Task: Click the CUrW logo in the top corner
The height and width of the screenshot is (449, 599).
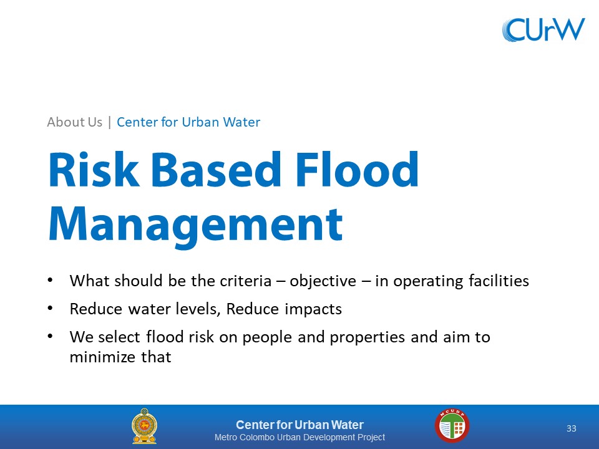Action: click(543, 29)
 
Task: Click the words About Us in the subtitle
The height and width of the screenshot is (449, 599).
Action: click(74, 122)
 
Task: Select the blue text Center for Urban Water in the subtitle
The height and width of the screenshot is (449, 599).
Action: click(188, 122)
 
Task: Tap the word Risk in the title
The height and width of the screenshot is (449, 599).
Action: click(94, 169)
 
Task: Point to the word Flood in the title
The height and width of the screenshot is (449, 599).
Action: click(357, 169)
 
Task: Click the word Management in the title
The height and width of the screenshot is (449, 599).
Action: click(195, 225)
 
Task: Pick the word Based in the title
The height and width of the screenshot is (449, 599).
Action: click(217, 169)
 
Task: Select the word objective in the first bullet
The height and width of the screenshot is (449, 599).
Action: click(323, 281)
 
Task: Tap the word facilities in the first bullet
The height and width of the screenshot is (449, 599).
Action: click(499, 281)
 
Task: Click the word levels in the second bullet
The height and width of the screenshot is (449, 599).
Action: click(198, 309)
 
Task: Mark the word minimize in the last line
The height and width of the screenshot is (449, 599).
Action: click(102, 357)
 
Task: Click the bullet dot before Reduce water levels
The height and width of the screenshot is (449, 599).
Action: click(50, 308)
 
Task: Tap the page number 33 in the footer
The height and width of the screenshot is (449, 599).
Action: click(571, 428)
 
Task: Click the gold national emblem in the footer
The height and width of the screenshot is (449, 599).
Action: click(144, 426)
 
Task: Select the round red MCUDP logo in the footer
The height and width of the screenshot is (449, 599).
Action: click(452, 425)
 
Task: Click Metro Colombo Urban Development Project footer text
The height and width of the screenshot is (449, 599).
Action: click(299, 437)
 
